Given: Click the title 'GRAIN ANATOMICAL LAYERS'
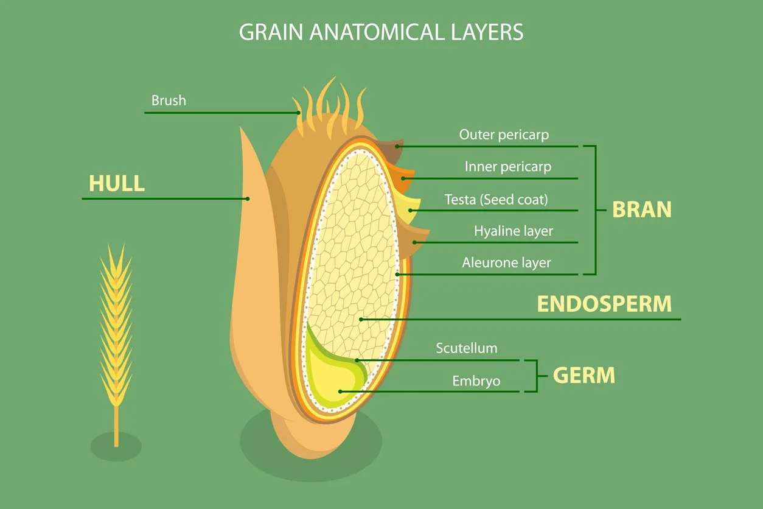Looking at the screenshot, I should pos(381,32).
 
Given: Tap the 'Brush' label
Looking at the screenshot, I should pos(169,100).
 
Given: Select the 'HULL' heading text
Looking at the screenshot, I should pos(117,183).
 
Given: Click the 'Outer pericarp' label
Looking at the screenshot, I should pos(504,135).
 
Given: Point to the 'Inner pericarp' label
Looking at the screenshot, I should pos(508,166).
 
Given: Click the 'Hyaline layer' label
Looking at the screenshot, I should pos(513,231).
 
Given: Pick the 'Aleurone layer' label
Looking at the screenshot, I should pos(506,263).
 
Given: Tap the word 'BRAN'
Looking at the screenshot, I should pos(641,209).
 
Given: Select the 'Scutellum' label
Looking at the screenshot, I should pos(466,348).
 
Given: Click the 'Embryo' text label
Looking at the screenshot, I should pos(476,381).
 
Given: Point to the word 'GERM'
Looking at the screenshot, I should pos(584,376).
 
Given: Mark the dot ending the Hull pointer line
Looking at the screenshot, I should pos(248,198).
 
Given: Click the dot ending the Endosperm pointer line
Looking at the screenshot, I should pos(361,318).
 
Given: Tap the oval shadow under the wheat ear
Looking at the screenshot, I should pos(116,447).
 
